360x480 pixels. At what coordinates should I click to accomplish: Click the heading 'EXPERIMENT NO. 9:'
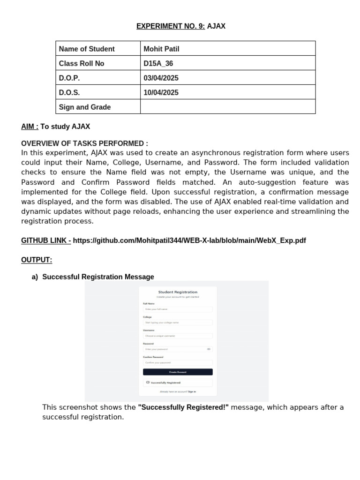coord(171,26)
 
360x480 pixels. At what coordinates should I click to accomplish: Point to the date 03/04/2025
coord(161,78)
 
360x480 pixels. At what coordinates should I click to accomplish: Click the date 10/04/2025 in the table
coord(161,92)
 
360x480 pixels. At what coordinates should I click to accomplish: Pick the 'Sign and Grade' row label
coord(85,107)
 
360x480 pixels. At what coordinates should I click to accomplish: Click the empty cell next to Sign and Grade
coord(227,107)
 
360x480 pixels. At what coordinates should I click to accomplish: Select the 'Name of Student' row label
coord(87,49)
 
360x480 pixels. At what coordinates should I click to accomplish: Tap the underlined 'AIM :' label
coord(30,127)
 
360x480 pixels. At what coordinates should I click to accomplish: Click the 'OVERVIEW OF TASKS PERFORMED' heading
coord(84,143)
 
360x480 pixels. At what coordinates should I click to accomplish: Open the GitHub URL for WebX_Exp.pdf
coord(189,240)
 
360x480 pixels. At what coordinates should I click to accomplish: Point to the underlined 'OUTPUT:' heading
coord(37,260)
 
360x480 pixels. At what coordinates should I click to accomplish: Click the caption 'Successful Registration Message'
coord(98,277)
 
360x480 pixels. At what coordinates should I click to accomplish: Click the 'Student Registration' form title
coord(178,292)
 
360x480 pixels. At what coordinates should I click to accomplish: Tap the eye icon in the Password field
coord(209,349)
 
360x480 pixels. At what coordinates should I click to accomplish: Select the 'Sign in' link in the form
coord(192,391)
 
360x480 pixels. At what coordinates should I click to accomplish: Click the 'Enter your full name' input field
coord(178,309)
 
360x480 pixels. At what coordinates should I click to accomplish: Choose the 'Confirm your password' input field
coord(178,363)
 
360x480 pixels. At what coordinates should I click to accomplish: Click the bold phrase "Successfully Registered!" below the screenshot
coord(183,407)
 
